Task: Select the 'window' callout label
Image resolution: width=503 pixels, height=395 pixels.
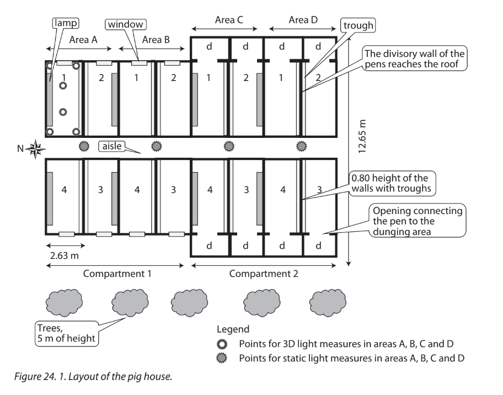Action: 126,24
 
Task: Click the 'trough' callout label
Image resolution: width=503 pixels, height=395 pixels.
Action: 357,25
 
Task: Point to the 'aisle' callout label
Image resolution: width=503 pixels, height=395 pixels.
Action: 111,146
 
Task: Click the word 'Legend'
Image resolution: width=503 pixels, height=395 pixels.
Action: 233,329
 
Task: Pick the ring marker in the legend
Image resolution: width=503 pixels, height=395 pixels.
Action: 222,344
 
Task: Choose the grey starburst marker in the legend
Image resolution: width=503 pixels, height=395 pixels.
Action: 222,358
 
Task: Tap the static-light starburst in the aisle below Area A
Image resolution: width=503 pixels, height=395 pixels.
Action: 84,146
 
